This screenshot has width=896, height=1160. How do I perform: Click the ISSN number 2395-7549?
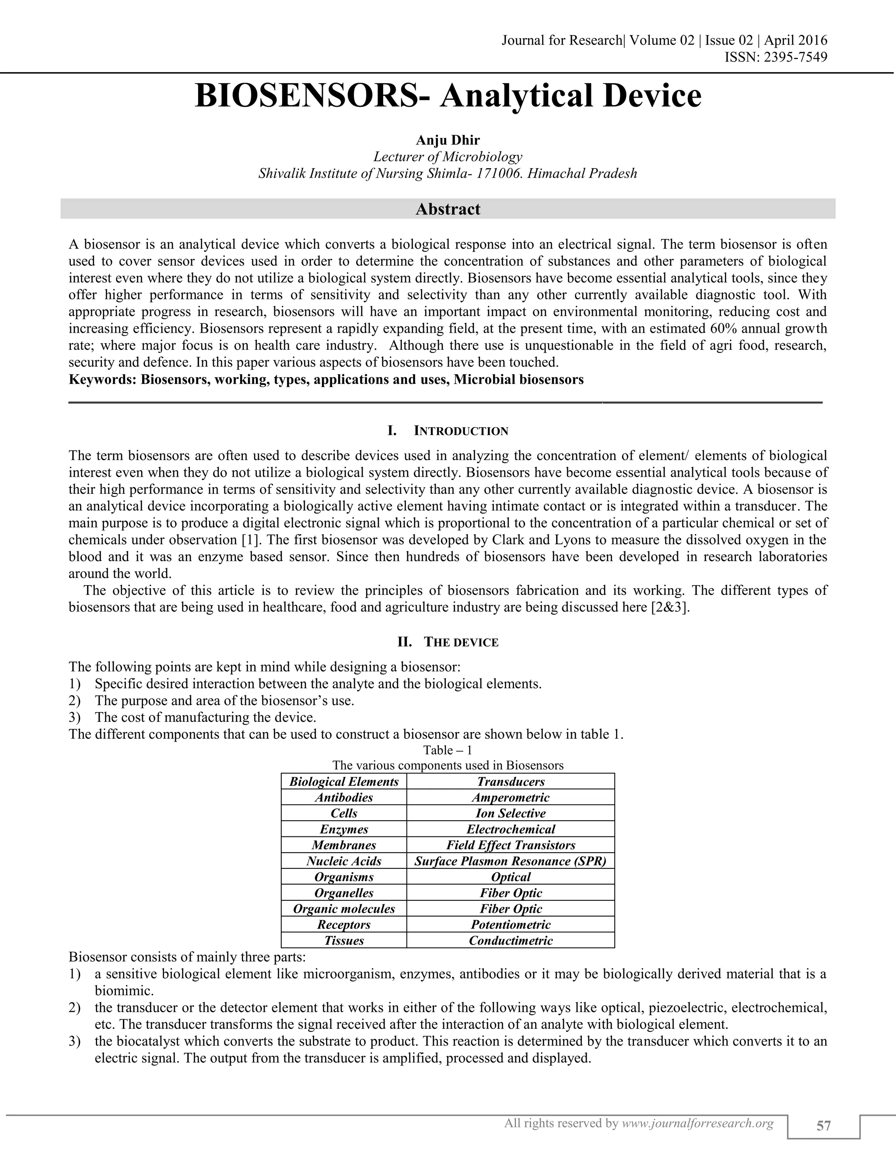pyautogui.click(x=794, y=57)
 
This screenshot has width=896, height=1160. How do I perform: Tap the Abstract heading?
pyautogui.click(x=448, y=209)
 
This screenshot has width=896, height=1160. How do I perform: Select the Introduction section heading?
pyautogui.click(x=461, y=431)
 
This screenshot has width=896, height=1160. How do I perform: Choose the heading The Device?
pyautogui.click(x=461, y=642)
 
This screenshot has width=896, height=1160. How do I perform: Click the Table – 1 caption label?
pyautogui.click(x=448, y=750)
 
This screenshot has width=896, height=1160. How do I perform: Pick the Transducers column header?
pyautogui.click(x=511, y=781)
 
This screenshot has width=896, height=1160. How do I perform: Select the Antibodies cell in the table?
pyautogui.click(x=343, y=797)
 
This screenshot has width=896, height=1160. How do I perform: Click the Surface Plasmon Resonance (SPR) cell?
pyautogui.click(x=511, y=861)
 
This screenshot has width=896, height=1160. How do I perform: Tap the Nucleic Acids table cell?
pyautogui.click(x=343, y=861)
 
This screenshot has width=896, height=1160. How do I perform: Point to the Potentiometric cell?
pyautogui.click(x=511, y=924)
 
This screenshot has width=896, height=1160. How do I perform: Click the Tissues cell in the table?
pyautogui.click(x=343, y=941)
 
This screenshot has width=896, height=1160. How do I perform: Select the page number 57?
pyautogui.click(x=823, y=1126)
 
